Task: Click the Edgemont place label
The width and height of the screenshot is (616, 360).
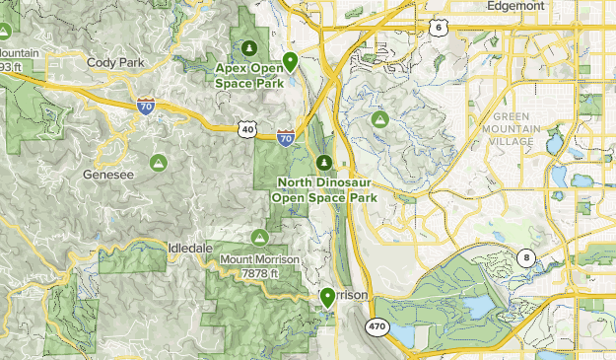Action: [515, 6]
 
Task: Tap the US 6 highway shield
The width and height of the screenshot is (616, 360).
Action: [437, 29]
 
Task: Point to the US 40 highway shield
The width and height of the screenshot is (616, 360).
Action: [246, 128]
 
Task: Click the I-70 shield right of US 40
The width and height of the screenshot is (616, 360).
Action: [285, 139]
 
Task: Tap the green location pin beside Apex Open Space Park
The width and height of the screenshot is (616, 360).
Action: [291, 63]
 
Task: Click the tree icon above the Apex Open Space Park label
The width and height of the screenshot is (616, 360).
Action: [249, 47]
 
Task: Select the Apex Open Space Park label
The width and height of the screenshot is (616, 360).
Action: [250, 75]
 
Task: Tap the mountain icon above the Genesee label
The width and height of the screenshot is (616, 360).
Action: [156, 161]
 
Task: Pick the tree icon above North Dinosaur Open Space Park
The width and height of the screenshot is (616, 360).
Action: [323, 162]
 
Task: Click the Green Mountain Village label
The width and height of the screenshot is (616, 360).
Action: [513, 129]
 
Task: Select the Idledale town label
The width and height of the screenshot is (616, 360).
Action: [190, 248]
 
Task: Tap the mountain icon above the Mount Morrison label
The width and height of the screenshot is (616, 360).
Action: [259, 238]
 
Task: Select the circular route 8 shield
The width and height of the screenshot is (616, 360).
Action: [528, 258]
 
